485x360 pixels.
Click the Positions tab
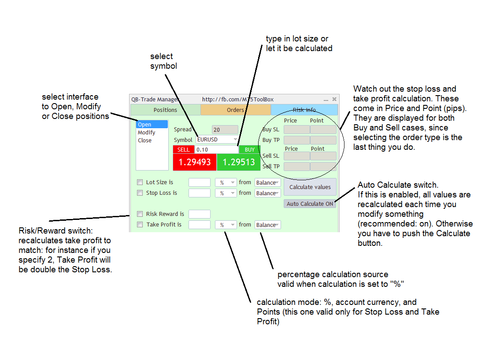point(165,110)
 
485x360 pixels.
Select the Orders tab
point(235,110)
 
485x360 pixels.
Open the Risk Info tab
point(304,110)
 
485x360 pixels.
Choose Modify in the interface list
point(146,133)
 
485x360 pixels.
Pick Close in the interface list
point(144,141)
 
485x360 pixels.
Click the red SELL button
point(184,150)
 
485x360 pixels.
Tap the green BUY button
point(250,150)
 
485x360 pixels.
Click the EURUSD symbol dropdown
point(217,140)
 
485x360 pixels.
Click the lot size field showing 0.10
point(216,150)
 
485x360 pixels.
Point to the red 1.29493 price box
point(194,162)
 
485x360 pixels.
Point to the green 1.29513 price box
point(238,162)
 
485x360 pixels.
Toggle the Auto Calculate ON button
point(310,204)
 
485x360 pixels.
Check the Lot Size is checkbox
point(140,182)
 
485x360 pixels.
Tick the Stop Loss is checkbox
point(140,193)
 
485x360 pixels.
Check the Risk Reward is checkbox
point(140,214)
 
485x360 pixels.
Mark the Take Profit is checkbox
point(140,225)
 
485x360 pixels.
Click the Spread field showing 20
point(225,130)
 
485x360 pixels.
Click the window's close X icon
point(334,100)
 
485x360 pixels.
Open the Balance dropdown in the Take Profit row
point(267,225)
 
